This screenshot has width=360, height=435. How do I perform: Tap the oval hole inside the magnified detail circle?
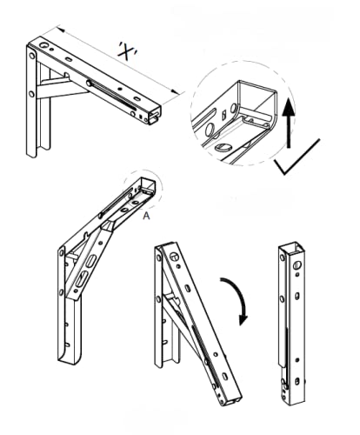click(223, 148)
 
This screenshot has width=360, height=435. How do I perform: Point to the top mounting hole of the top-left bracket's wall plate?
click(33, 56)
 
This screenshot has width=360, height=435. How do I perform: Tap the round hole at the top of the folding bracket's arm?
click(173, 255)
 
